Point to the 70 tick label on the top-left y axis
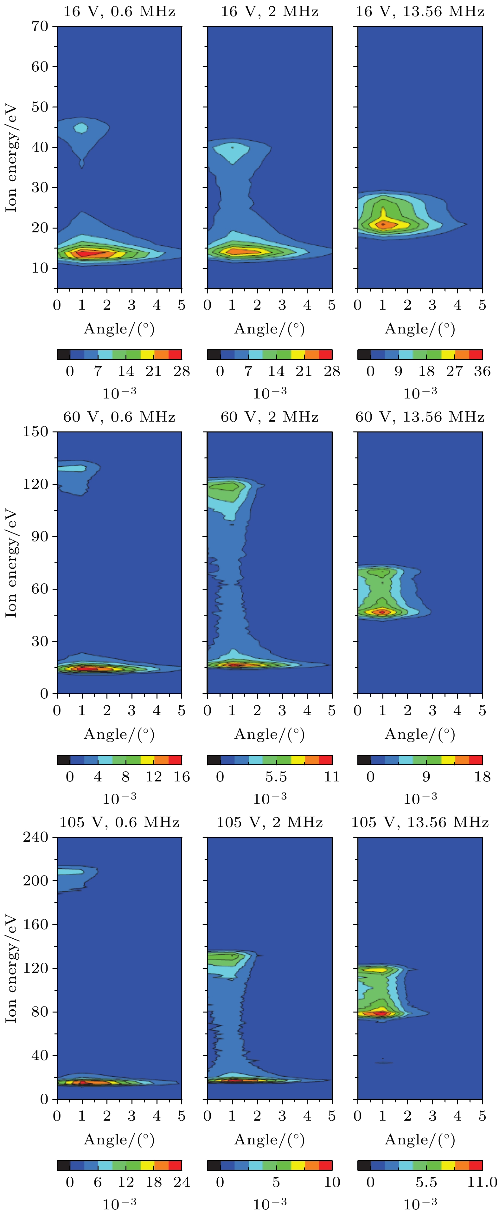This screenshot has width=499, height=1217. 40,26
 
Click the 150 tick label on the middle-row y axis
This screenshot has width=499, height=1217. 36,432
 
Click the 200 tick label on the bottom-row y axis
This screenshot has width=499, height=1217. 36,881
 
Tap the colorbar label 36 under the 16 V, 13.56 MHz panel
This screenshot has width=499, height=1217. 482,371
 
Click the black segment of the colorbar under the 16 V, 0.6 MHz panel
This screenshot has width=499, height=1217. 63,354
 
